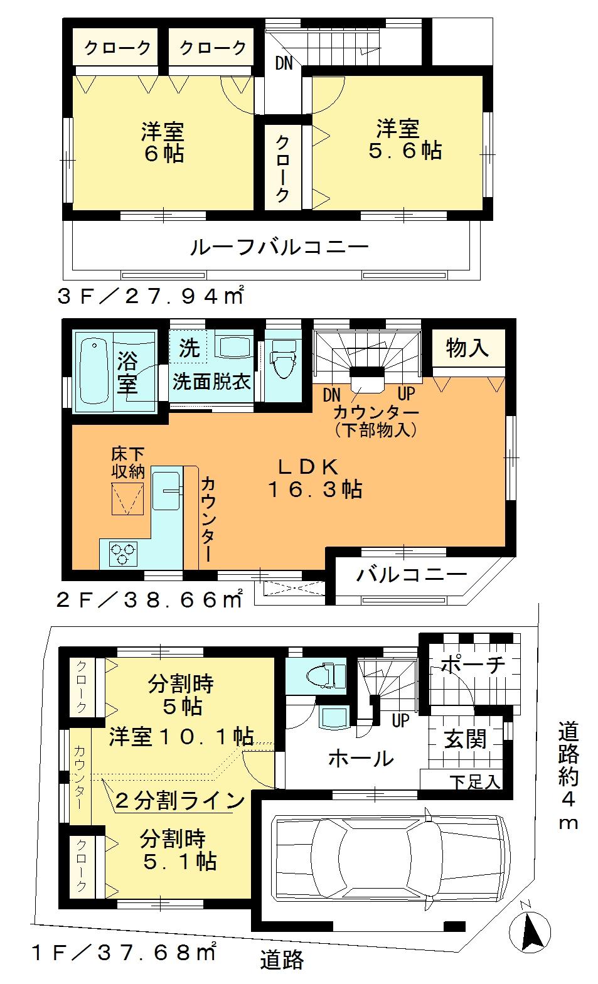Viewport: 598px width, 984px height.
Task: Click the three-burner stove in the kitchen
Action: tap(122, 553)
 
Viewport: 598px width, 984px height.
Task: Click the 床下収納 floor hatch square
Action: tap(128, 499)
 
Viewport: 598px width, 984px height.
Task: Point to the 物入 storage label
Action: tap(467, 347)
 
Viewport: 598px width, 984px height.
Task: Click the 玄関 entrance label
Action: tap(466, 739)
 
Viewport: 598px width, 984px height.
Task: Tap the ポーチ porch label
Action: tap(472, 665)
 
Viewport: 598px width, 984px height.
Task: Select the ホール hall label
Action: tap(361, 759)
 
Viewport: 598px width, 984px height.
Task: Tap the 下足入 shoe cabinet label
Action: tap(475, 782)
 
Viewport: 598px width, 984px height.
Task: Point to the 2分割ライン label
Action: tap(179, 801)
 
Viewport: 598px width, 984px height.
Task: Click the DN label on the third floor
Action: tap(284, 64)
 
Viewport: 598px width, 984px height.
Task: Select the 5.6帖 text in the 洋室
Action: tap(405, 151)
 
